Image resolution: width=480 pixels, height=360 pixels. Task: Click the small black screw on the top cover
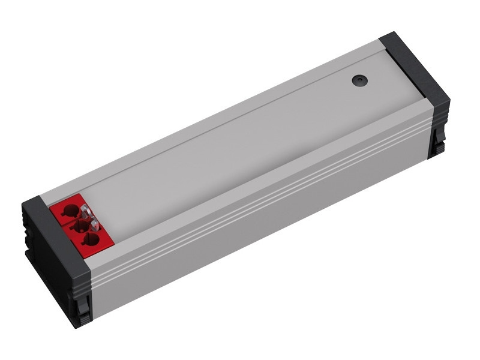pyautogui.click(x=359, y=79)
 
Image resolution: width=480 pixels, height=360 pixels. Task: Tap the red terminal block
pyautogui.click(x=80, y=226)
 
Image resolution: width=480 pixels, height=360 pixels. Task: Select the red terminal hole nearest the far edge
pyautogui.click(x=70, y=211)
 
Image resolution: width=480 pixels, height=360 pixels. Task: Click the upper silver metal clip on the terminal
pyautogui.click(x=86, y=211)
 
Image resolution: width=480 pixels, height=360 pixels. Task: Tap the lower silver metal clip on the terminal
pyautogui.click(x=94, y=226)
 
